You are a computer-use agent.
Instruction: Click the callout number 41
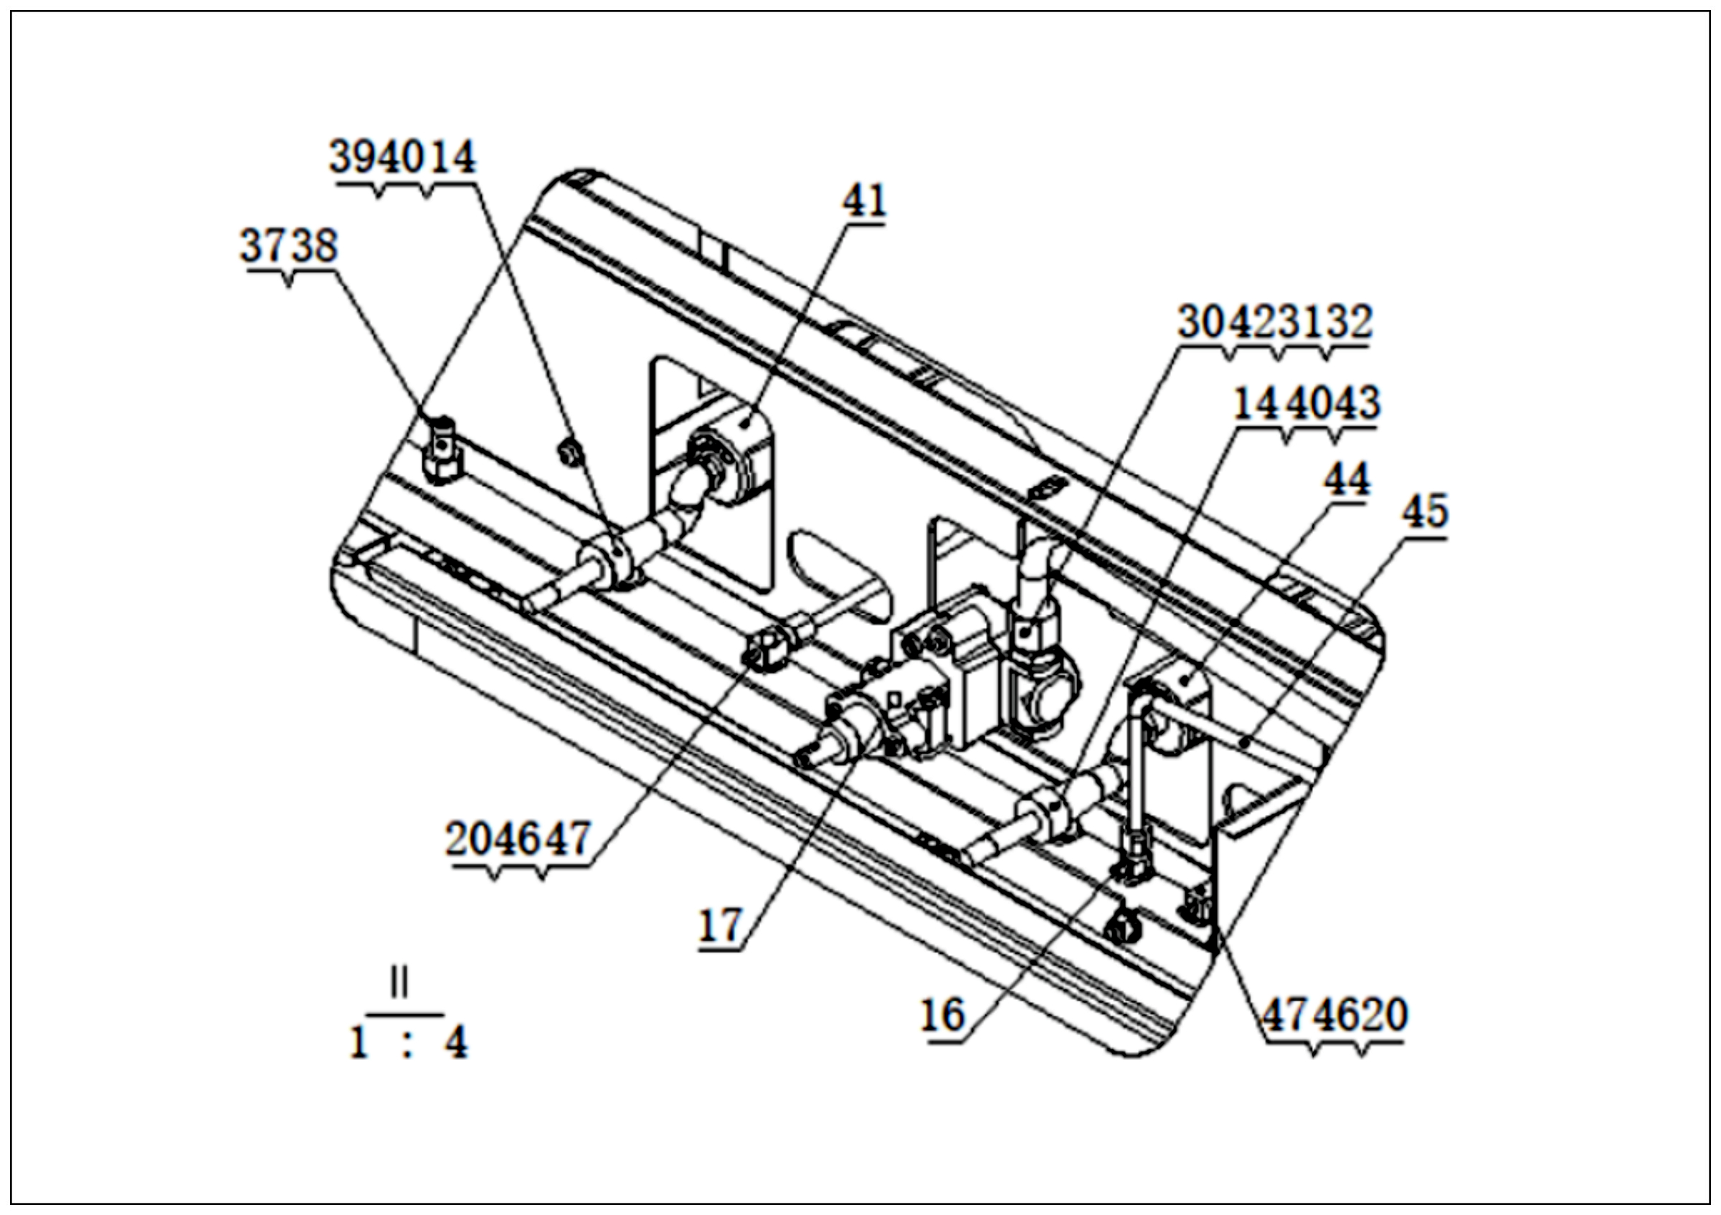(x=864, y=200)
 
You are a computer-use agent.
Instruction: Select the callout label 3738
(x=289, y=246)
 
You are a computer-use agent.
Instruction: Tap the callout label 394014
(x=403, y=157)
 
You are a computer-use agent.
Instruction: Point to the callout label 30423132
(x=1275, y=322)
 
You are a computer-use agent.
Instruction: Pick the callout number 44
(x=1347, y=478)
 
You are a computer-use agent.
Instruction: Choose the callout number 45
(x=1425, y=512)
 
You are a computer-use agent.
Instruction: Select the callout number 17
(x=721, y=926)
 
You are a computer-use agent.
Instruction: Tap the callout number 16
(x=942, y=1016)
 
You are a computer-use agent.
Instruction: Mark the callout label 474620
(x=1335, y=1016)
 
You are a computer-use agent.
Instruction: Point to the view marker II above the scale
(x=399, y=981)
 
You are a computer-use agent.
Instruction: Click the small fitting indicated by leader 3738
(x=442, y=450)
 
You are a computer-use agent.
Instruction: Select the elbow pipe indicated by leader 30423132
(x=1038, y=569)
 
